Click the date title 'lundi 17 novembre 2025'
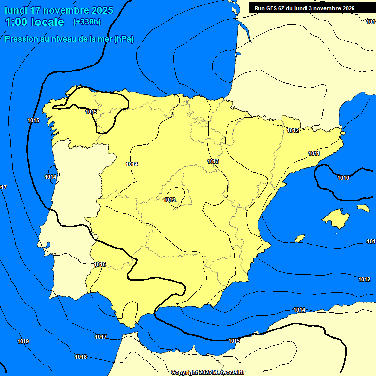(x=59, y=10)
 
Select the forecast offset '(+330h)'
(x=87, y=22)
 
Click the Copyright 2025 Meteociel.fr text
(x=208, y=372)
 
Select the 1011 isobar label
(x=314, y=154)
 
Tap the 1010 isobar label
(x=343, y=178)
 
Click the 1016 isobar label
(x=100, y=264)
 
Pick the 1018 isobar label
(x=81, y=357)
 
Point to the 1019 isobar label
(x=23, y=341)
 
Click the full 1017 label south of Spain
(x=101, y=337)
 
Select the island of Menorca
(x=363, y=208)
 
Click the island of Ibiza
(x=299, y=238)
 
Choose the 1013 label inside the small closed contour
(x=169, y=200)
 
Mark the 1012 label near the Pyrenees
(x=293, y=130)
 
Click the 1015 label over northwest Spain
(x=91, y=112)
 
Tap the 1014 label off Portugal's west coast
(x=50, y=177)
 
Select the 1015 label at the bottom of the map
(x=234, y=341)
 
